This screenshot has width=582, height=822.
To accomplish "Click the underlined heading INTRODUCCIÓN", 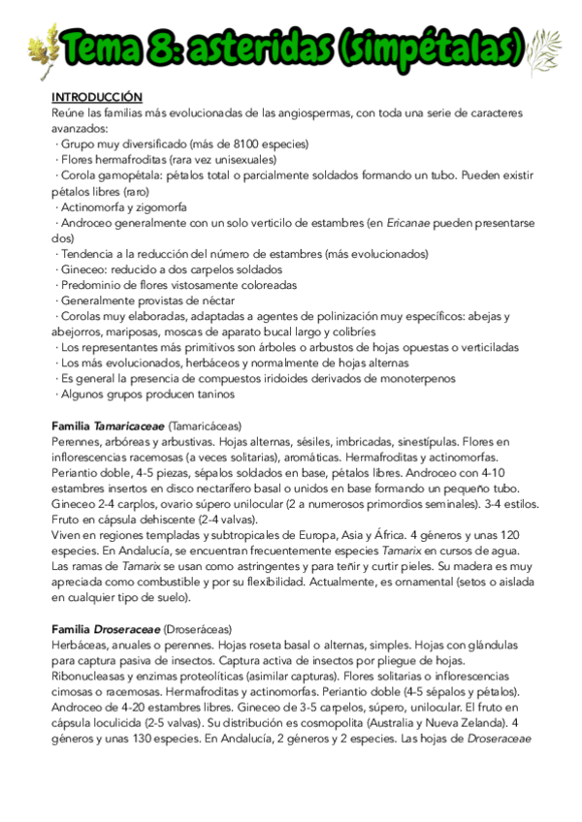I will (x=96, y=98).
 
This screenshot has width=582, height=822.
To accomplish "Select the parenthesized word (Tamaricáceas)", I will (x=206, y=426).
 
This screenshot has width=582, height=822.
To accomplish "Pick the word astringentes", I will (x=247, y=566).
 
